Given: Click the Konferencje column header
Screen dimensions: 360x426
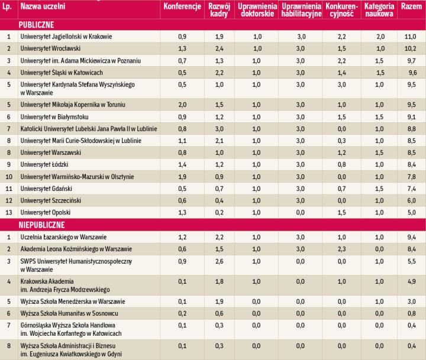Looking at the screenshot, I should pos(182,7).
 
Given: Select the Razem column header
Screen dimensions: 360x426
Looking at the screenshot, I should pos(411,7).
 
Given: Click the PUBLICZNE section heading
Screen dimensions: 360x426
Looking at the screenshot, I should pos(36,25).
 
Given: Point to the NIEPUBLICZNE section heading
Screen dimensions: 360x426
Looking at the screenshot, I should pos(43,225).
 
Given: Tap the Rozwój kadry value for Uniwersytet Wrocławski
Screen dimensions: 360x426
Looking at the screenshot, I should pos(219,48).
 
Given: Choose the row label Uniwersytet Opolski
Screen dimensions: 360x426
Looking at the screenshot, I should pos(46,212).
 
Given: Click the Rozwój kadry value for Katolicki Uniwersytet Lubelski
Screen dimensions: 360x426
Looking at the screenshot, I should pos(219,128).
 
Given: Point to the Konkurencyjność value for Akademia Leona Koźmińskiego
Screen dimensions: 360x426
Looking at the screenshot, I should pos(340,248).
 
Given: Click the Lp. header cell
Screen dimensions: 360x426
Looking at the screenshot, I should pos(8,7).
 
